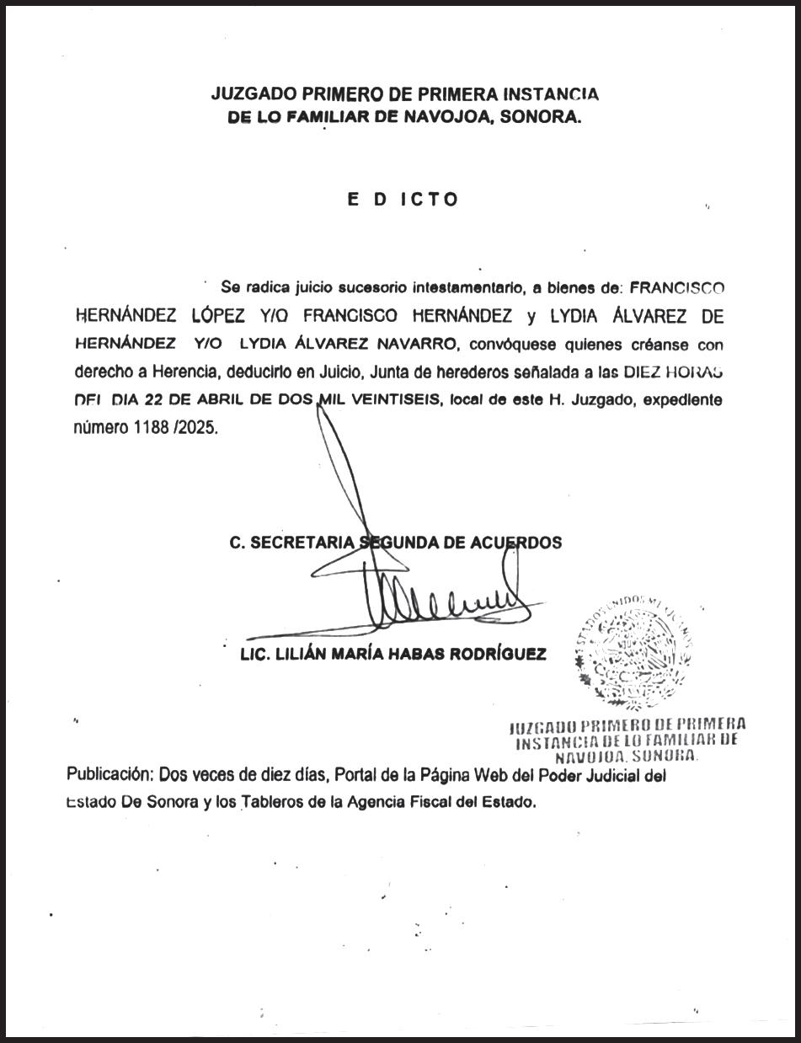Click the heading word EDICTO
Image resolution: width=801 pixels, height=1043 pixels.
point(403,200)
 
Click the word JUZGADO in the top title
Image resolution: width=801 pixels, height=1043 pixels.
point(251,94)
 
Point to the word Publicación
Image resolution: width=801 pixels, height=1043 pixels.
point(109,775)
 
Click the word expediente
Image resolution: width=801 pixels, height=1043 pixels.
point(683,400)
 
